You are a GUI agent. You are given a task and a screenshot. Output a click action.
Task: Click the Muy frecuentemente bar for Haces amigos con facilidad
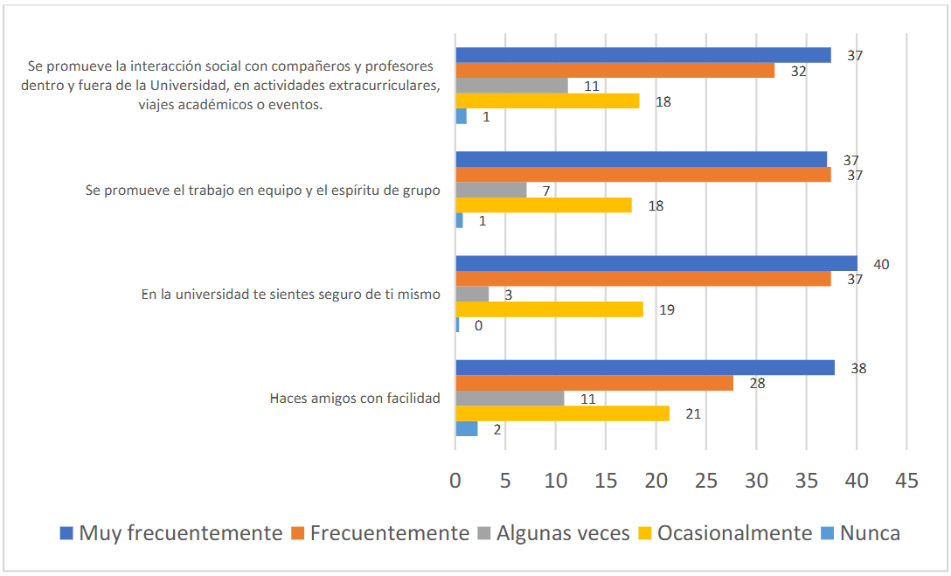pyautogui.click(x=645, y=368)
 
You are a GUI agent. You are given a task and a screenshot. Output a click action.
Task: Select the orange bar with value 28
pyautogui.click(x=594, y=383)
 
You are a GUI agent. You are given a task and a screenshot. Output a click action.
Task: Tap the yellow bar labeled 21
pyautogui.click(x=562, y=413)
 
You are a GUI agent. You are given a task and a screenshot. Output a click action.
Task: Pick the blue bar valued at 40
pyautogui.click(x=656, y=264)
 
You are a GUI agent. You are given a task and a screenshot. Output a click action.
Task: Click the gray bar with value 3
pyautogui.click(x=472, y=295)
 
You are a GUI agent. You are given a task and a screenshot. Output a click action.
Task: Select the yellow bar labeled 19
pyautogui.click(x=549, y=309)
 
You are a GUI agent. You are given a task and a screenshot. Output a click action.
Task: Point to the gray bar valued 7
pyautogui.click(x=491, y=190)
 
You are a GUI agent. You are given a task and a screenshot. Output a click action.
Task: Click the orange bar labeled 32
pyautogui.click(x=615, y=71)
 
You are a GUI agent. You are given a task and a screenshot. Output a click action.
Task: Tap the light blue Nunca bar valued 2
pyautogui.click(x=467, y=428)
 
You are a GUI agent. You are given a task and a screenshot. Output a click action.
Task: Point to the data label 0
pyautogui.click(x=479, y=325)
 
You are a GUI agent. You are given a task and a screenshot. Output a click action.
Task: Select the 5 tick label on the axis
pyautogui.click(x=505, y=480)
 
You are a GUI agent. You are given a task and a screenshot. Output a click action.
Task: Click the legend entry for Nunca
pyautogui.click(x=871, y=533)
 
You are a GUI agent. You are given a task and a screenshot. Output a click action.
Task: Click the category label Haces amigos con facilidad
pyautogui.click(x=354, y=399)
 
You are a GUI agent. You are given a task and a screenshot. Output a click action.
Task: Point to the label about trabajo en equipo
pyautogui.click(x=262, y=191)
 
